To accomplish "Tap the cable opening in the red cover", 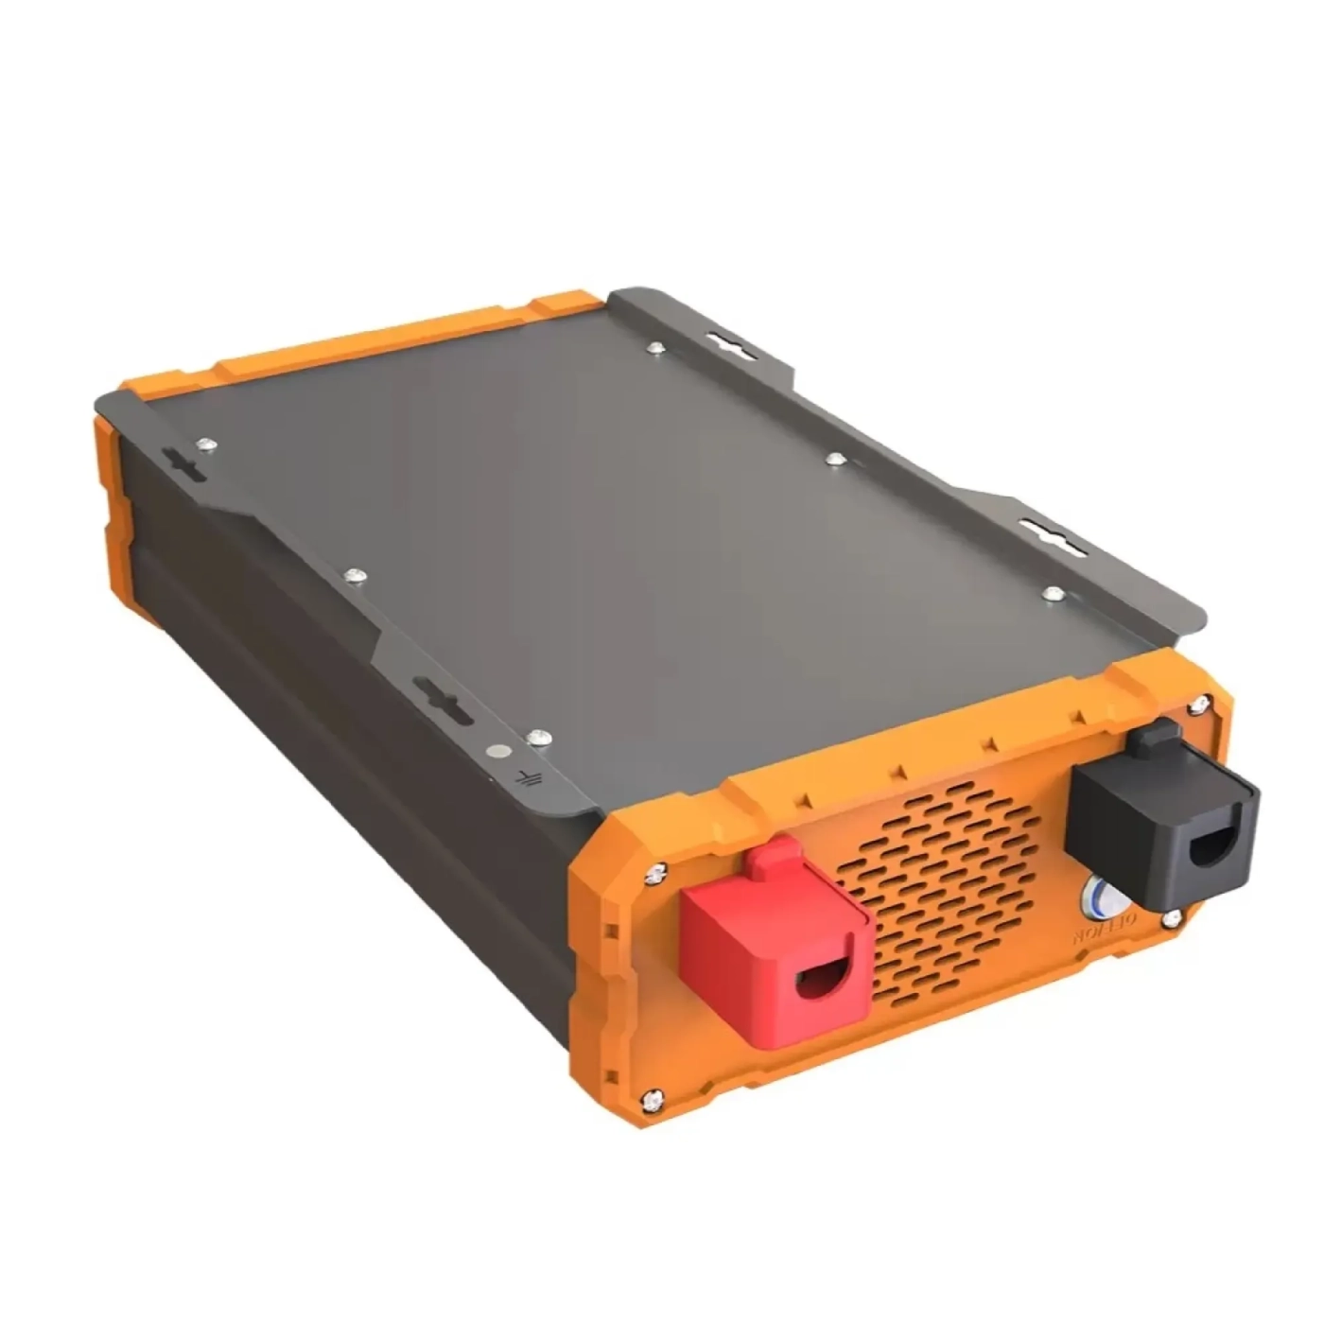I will tap(822, 980).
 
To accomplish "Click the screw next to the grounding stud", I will tap(539, 737).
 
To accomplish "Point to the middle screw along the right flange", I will tap(835, 460).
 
